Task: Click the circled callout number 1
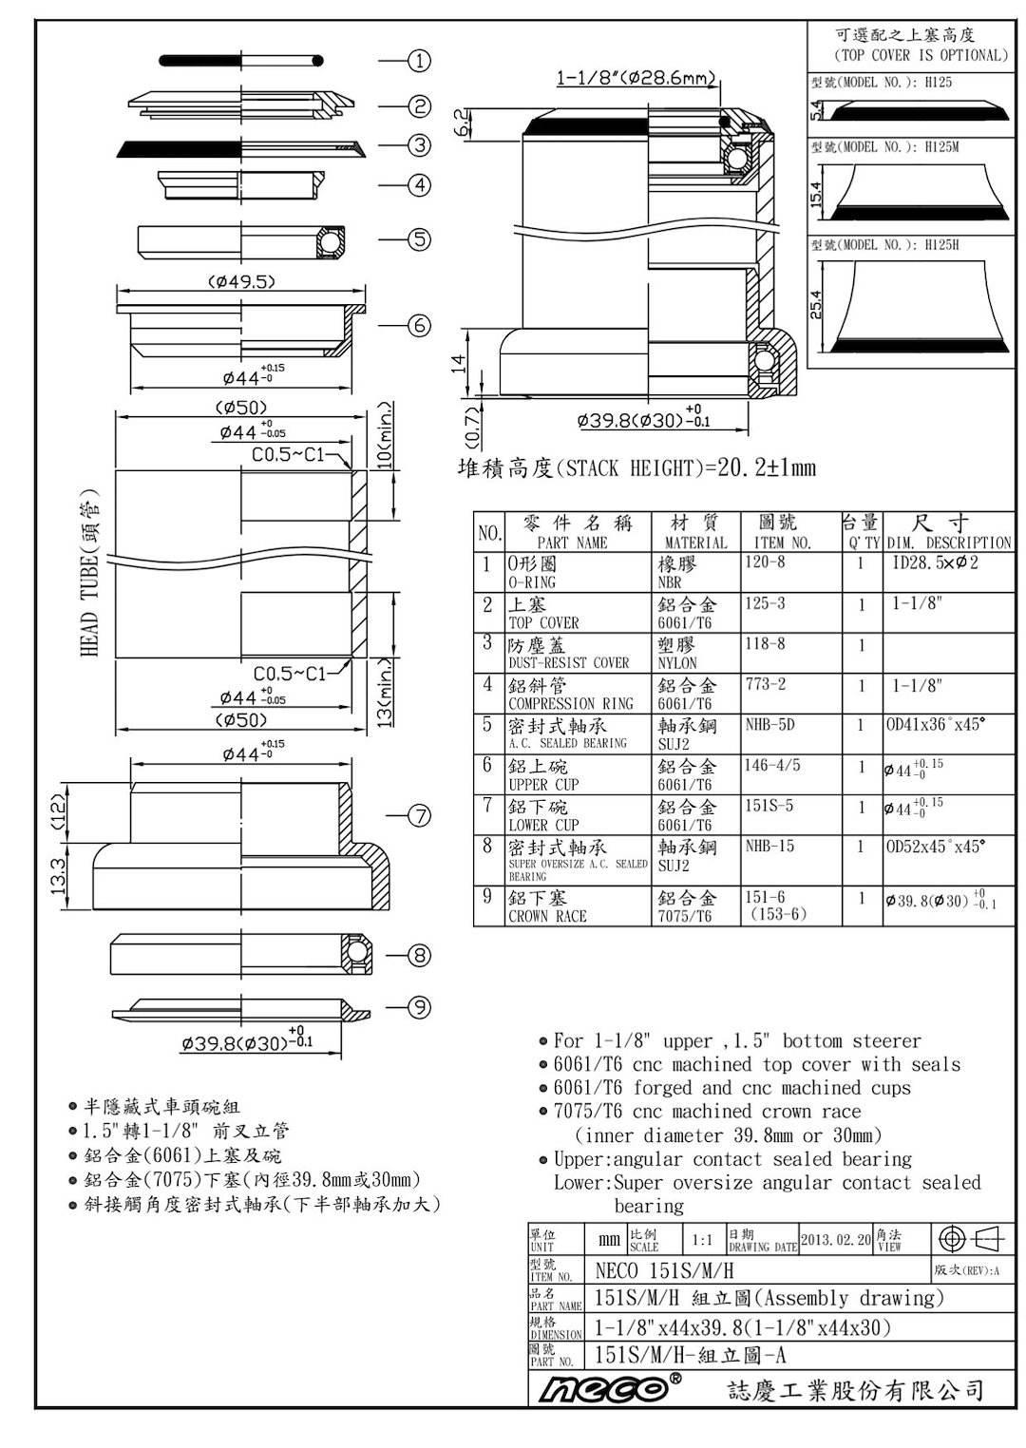[419, 61]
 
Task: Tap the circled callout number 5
[419, 239]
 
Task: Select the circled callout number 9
[420, 1007]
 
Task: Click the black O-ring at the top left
[241, 61]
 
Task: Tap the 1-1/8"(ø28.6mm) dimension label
[636, 78]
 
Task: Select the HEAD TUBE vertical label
[90, 573]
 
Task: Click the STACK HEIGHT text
[636, 467]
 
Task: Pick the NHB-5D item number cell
[769, 725]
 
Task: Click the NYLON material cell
[677, 663]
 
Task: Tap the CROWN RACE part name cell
[547, 916]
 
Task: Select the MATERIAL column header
[695, 543]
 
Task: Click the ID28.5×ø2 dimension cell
[935, 562]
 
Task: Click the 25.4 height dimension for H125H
[816, 304]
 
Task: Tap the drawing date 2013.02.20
[836, 1239]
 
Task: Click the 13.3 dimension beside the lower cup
[59, 876]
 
